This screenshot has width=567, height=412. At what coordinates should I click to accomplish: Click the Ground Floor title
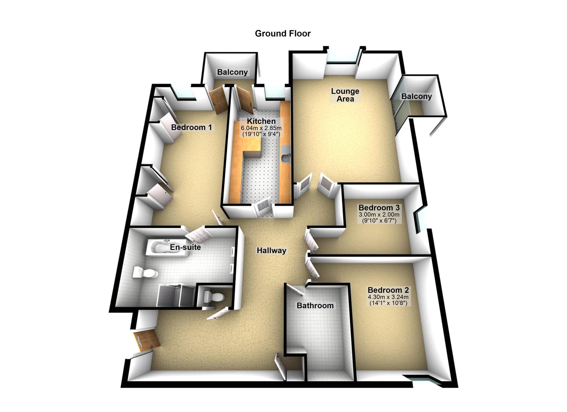[x=283, y=34]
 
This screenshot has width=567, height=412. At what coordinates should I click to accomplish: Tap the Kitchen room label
[x=261, y=121]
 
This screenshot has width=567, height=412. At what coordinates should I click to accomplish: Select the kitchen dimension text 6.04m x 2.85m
[x=261, y=128]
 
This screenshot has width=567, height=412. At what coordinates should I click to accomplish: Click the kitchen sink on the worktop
[x=285, y=157]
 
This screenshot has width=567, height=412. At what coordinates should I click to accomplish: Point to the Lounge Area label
[x=345, y=95]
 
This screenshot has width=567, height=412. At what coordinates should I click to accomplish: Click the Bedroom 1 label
[x=191, y=127]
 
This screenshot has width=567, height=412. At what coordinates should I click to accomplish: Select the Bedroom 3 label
[x=379, y=208]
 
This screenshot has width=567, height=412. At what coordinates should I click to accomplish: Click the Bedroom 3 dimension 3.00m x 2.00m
[x=379, y=214]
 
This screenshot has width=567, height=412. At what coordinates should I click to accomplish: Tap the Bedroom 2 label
[x=388, y=290]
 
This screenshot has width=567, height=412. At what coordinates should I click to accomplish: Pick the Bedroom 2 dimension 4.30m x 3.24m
[x=388, y=297]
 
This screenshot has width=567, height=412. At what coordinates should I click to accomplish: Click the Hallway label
[x=271, y=251]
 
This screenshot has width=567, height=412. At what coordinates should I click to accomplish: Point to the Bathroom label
[x=315, y=306]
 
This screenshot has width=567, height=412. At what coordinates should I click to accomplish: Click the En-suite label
[x=185, y=247]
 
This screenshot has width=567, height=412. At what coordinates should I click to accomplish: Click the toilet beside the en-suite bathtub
[x=145, y=273]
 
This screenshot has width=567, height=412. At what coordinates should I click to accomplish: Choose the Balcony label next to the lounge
[x=416, y=96]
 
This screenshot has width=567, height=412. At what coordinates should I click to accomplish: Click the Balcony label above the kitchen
[x=232, y=72]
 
